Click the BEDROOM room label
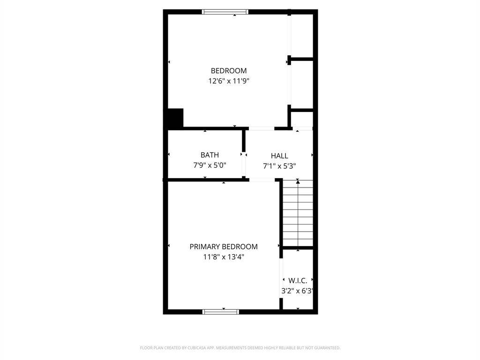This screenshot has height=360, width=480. (x=228, y=71)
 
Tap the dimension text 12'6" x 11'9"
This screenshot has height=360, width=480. (x=228, y=81)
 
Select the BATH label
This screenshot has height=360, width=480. (x=210, y=155)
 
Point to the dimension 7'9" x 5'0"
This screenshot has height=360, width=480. (x=210, y=165)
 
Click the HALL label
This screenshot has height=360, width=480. (x=279, y=156)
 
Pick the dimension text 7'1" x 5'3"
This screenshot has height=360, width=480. (x=279, y=166)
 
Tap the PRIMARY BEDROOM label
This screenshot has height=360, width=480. (x=224, y=247)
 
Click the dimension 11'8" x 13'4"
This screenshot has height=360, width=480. (x=224, y=257)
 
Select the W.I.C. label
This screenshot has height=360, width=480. (x=298, y=281)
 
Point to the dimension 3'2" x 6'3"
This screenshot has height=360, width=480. (x=297, y=291)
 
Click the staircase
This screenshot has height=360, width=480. (x=298, y=213)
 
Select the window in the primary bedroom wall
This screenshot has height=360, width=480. (x=221, y=311)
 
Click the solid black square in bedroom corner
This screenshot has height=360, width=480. (x=175, y=118)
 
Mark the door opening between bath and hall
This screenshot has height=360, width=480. (x=244, y=165)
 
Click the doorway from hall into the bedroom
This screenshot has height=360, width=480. (x=261, y=128)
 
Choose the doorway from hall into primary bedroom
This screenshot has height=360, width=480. (x=262, y=179)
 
